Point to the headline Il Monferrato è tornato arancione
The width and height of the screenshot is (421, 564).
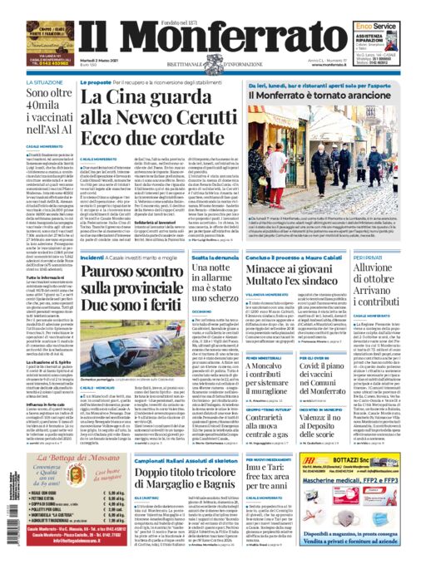310,96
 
